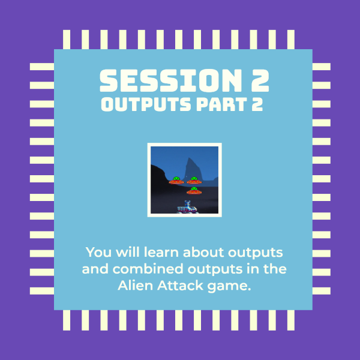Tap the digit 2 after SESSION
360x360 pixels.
pyautogui.click(x=260, y=80)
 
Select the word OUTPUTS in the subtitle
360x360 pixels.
pyautogui.click(x=146, y=104)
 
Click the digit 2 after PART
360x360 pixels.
pyautogui.click(x=257, y=104)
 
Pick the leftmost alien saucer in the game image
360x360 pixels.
pyautogui.click(x=176, y=181)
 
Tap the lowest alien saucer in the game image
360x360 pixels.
pyautogui.click(x=194, y=191)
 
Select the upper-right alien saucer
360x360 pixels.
pyautogui.click(x=194, y=181)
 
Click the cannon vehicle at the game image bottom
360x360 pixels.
pyautogui.click(x=187, y=207)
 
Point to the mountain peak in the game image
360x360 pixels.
pyautogui.click(x=189, y=158)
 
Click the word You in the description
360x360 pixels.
pyautogui.click(x=98, y=253)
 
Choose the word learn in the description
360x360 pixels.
pyautogui.click(x=161, y=253)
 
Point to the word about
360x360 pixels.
pyautogui.click(x=203, y=253)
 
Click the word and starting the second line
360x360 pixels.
pyautogui.click(x=95, y=269)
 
